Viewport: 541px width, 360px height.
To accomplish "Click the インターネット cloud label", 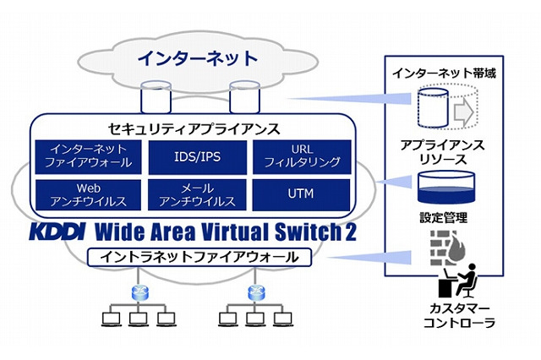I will point(197,58).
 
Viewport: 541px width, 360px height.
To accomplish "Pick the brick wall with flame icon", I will point(441,248).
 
